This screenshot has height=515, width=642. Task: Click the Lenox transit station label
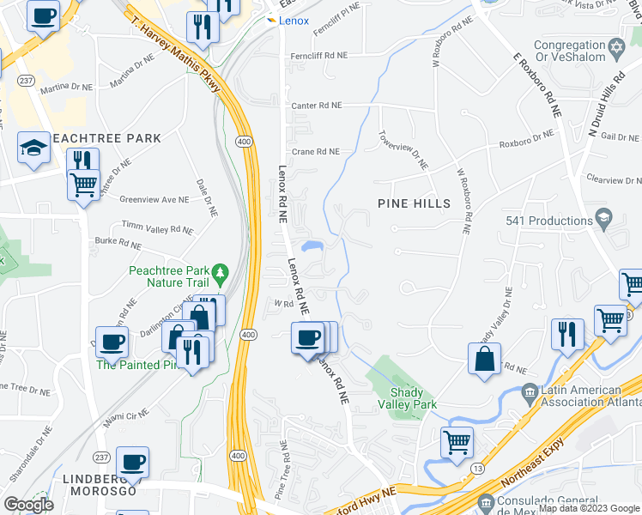tap(294, 21)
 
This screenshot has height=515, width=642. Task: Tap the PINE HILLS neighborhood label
tap(415, 203)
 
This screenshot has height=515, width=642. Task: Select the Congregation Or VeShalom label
tap(569, 51)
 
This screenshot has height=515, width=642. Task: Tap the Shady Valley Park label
tap(409, 397)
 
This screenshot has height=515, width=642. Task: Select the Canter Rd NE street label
tap(317, 106)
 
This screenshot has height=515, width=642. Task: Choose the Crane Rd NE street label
tap(316, 152)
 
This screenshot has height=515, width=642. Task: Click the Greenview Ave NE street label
tap(154, 199)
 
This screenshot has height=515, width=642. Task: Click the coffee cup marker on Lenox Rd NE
tap(308, 336)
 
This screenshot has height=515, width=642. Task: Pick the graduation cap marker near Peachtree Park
tap(33, 148)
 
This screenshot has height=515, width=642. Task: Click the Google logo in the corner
tap(27, 504)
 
